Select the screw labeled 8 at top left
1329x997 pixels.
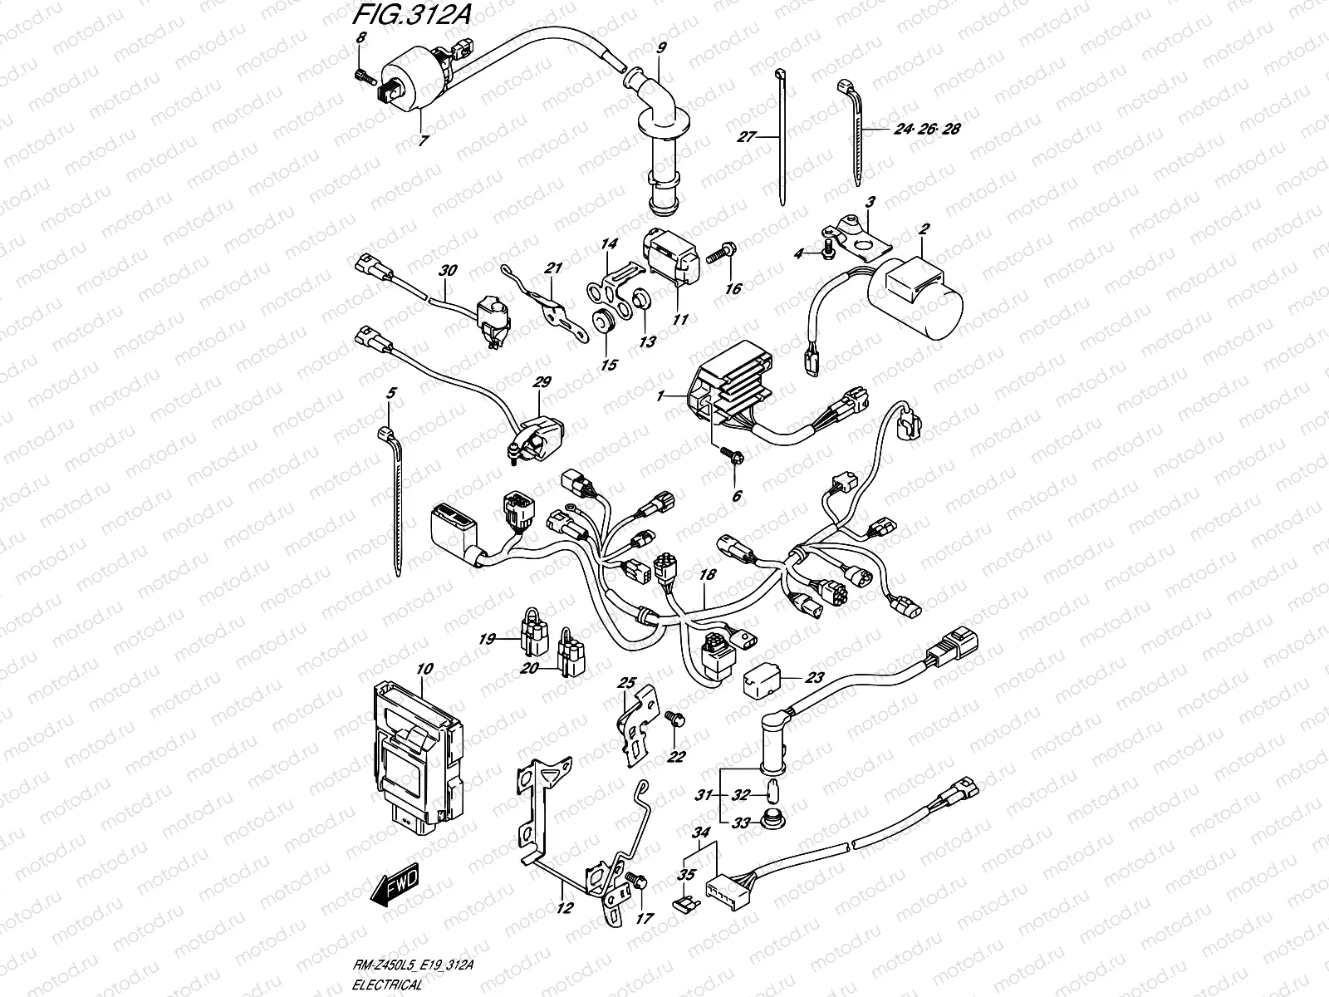click(x=362, y=76)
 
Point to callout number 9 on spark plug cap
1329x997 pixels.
click(x=661, y=48)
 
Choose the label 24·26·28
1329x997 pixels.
click(x=927, y=130)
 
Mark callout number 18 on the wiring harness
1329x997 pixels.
click(x=707, y=574)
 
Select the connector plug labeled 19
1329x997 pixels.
click(x=532, y=636)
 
